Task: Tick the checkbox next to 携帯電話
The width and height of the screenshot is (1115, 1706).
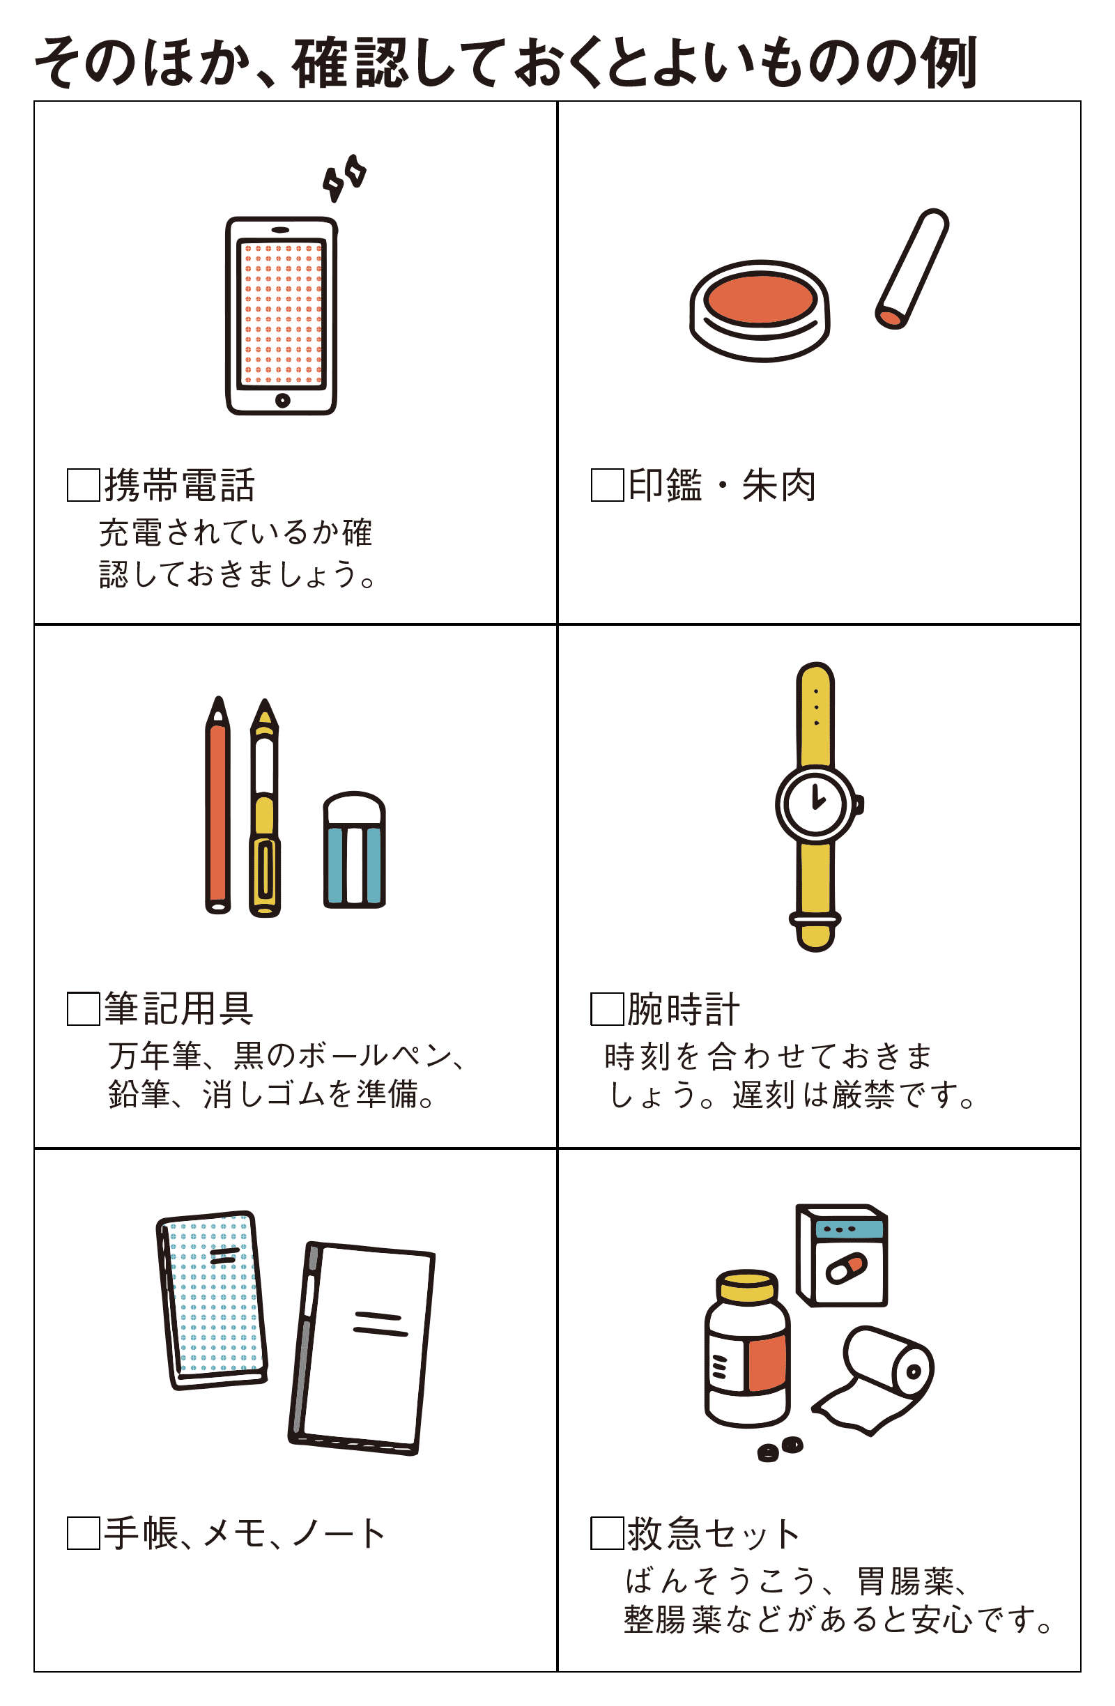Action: pyautogui.click(x=83, y=484)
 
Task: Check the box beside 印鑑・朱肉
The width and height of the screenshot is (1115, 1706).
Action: pyautogui.click(x=607, y=484)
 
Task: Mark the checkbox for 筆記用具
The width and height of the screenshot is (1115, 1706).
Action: pyautogui.click(x=83, y=1008)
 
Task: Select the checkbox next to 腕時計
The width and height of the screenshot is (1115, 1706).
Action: pyautogui.click(x=607, y=1008)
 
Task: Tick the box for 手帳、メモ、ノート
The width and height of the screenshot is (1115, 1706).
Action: pyautogui.click(x=83, y=1532)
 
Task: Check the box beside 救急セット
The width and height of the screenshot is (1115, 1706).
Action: pyautogui.click(x=607, y=1532)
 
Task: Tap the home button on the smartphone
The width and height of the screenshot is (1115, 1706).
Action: pyautogui.click(x=282, y=400)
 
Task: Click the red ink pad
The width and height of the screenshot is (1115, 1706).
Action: pyautogui.click(x=760, y=310)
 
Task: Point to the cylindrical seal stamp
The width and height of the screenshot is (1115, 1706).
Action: pyautogui.click(x=912, y=269)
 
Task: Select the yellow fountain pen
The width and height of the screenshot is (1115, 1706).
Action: pyautogui.click(x=264, y=807)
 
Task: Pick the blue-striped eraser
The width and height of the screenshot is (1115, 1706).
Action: pyautogui.click(x=354, y=850)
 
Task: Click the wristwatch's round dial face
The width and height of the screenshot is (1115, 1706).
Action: pyautogui.click(x=815, y=803)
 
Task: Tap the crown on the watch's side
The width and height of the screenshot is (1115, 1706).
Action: pyautogui.click(x=859, y=804)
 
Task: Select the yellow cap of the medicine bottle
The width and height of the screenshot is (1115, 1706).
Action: pyautogui.click(x=746, y=1286)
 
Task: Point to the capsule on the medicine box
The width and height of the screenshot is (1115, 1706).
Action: pyautogui.click(x=846, y=1268)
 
